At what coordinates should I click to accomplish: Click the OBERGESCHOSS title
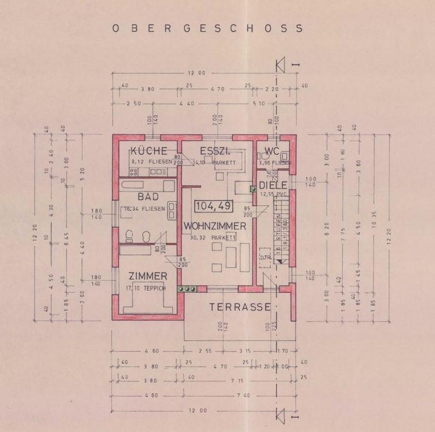207,28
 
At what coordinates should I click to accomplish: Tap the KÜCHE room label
148,151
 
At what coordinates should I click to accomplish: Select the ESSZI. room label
214,151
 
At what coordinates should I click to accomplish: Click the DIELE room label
274,185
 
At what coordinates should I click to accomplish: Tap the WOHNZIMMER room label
214,226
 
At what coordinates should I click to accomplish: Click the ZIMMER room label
148,276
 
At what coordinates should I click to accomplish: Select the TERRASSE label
240,307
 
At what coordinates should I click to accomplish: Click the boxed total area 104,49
213,206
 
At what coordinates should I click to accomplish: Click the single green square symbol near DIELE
253,189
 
